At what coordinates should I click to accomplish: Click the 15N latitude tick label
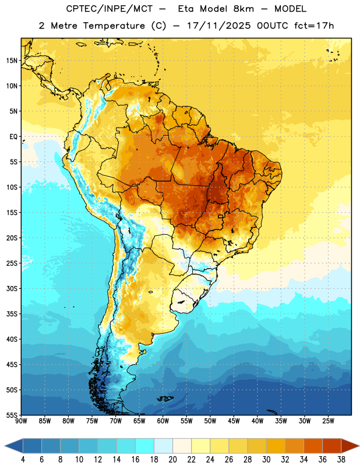click(x=12, y=61)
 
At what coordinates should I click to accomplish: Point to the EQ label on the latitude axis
click(x=13, y=137)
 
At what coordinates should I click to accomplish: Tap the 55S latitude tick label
click(x=12, y=415)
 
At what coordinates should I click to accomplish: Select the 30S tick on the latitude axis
click(x=12, y=288)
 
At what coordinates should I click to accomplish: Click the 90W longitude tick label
click(x=21, y=421)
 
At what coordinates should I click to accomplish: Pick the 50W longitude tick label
click(x=210, y=421)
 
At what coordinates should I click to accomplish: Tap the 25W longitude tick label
click(x=328, y=421)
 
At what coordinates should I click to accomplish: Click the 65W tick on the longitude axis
click(x=139, y=421)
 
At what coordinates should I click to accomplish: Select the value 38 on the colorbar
click(x=341, y=460)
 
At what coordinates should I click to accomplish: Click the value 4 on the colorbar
click(x=23, y=460)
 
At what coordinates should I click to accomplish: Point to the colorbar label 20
click(x=172, y=460)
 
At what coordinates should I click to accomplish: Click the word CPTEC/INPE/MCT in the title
click(x=110, y=9)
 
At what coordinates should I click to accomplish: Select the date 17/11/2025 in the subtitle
click(x=219, y=26)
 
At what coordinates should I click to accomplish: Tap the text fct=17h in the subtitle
click(x=314, y=26)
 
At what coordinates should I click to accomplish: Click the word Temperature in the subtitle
click(x=114, y=26)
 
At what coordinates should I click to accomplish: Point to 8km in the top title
click(x=243, y=9)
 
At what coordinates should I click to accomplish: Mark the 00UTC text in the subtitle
click(x=273, y=26)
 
